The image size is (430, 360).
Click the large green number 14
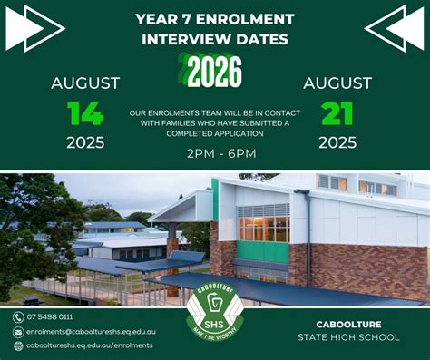pos(85,113)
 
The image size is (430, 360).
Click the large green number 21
pos(337,113)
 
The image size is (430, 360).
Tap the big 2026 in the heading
pos(212,69)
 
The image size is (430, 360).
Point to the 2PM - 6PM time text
pos(221,154)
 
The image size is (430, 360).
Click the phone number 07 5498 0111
pos(50,316)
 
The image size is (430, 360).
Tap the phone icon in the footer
pos(18,316)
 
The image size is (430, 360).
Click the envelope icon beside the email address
pos(18,331)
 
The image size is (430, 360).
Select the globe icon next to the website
pos(18,345)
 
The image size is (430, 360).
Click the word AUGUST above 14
pos(85,83)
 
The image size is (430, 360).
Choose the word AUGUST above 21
pos(337,83)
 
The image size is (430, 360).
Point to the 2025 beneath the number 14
pos(85,142)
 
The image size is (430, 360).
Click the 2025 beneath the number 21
pos(337,142)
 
